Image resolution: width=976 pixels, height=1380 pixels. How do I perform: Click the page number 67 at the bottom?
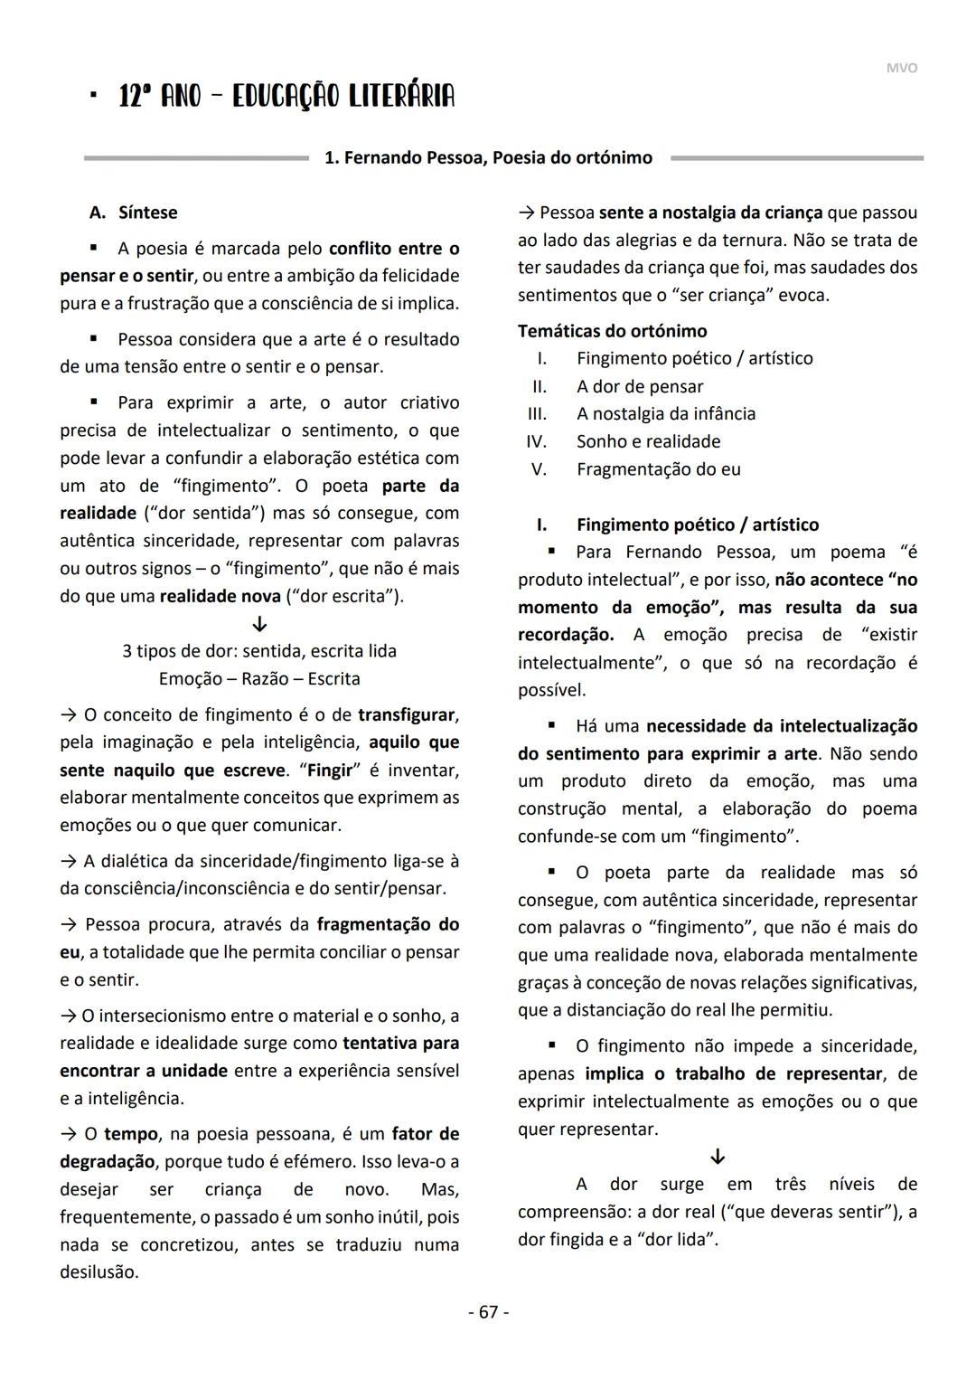pyautogui.click(x=488, y=1311)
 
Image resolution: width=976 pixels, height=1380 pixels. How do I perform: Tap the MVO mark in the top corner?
pyautogui.click(x=901, y=68)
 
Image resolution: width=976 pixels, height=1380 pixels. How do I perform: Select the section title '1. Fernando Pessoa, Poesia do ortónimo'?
pyautogui.click(x=488, y=157)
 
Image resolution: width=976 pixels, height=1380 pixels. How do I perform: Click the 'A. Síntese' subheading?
pyautogui.click(x=134, y=213)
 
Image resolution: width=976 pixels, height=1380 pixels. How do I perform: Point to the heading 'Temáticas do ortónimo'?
pyautogui.click(x=612, y=331)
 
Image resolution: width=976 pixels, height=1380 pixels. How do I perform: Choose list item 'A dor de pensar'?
pyautogui.click(x=639, y=386)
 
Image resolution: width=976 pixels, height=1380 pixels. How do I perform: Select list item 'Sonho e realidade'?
pyautogui.click(x=648, y=441)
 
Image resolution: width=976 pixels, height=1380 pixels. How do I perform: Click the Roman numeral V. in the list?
pyautogui.click(x=539, y=469)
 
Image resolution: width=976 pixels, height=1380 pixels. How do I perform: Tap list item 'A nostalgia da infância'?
pyautogui.click(x=665, y=413)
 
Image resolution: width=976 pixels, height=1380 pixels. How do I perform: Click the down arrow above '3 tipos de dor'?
pyautogui.click(x=259, y=624)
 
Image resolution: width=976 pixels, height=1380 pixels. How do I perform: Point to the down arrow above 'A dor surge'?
pyautogui.click(x=718, y=1157)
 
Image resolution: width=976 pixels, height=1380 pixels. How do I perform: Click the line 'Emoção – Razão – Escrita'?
pyautogui.click(x=259, y=678)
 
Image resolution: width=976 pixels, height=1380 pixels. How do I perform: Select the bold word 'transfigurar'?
pyautogui.click(x=406, y=714)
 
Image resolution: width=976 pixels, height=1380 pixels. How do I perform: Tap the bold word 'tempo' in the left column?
pyautogui.click(x=131, y=1133)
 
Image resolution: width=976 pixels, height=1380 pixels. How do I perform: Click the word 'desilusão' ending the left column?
pyautogui.click(x=99, y=1271)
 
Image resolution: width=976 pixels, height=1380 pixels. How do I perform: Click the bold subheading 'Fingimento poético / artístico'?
pyautogui.click(x=697, y=525)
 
